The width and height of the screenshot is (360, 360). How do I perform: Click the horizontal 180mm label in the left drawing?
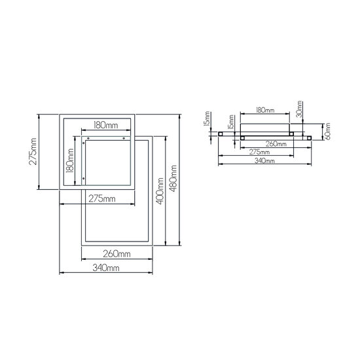pos(105,124)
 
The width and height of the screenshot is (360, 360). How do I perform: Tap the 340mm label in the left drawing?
pos(105,268)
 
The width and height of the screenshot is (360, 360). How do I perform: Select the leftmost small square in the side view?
pos(222,133)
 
